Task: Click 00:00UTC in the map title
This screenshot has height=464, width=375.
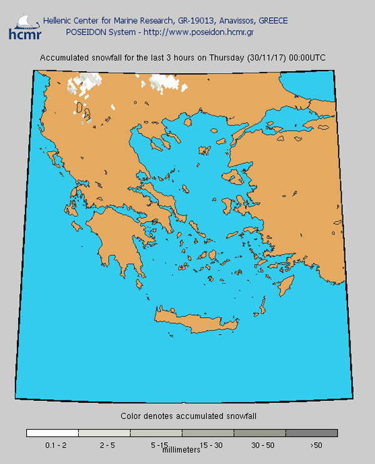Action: [x=306, y=58]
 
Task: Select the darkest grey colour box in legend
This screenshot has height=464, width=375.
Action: [x=312, y=433]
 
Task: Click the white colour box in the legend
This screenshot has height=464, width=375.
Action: [x=52, y=433]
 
